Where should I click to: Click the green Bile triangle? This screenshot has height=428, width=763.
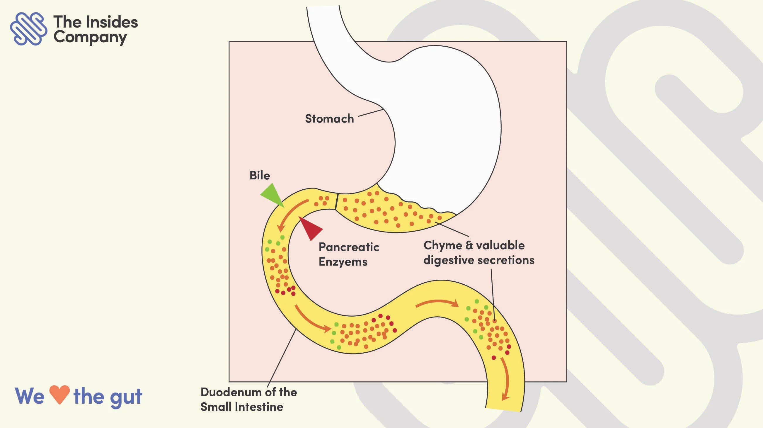272,195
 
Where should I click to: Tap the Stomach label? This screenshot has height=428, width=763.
329,118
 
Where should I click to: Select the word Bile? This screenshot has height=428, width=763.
260,176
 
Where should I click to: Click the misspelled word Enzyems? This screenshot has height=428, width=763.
343,262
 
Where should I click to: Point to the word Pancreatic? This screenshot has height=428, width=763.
349,247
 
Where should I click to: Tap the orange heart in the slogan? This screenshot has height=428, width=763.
59,395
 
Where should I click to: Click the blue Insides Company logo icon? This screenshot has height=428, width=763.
28,28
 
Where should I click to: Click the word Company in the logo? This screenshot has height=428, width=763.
90,38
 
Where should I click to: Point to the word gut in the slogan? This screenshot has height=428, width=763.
126,397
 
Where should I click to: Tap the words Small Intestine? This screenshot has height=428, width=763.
242,407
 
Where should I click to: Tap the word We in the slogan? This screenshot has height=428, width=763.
30,396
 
